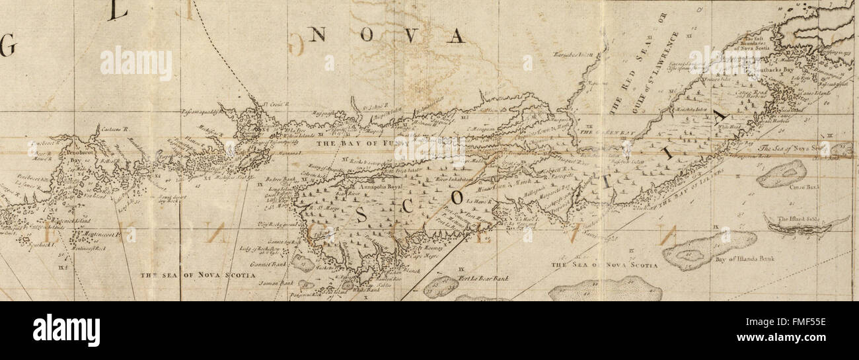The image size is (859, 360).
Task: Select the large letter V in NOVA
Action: pyautogui.click(x=410, y=36)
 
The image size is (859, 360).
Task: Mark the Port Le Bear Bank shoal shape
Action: pyautogui.click(x=441, y=286)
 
